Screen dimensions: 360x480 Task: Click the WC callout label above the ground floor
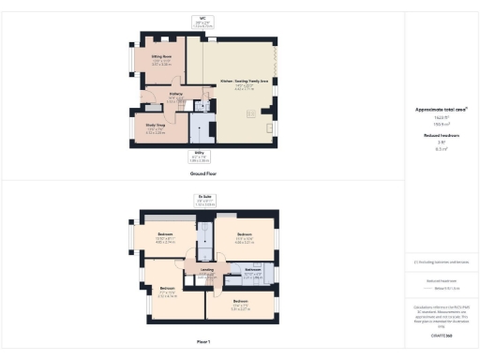202,18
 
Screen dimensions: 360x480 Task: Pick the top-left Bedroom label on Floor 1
165,235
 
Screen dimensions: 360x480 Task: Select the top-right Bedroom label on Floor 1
246,234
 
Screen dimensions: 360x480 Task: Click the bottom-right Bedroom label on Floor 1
241,301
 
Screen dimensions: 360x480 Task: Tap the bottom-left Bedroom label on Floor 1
167,288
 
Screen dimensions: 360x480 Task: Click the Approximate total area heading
441,110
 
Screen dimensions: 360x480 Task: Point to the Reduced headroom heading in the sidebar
441,136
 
